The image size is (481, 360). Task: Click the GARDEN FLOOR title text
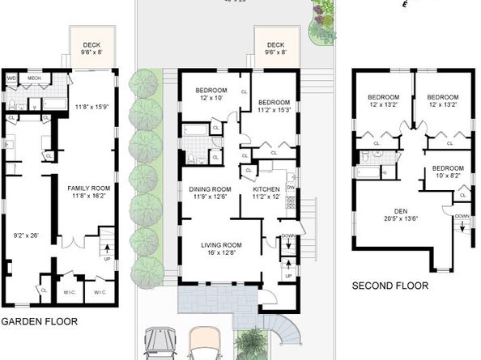pyautogui.click(x=39, y=321)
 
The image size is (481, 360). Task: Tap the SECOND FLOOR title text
pyautogui.click(x=389, y=286)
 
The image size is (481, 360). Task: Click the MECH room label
pyautogui.click(x=34, y=78)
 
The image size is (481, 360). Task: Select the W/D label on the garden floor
pyautogui.click(x=11, y=78)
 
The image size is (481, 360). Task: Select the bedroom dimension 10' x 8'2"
pyautogui.click(x=441, y=175)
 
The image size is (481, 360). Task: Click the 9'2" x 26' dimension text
pyautogui.click(x=24, y=237)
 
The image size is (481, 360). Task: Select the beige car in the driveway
pyautogui.click(x=203, y=343)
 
